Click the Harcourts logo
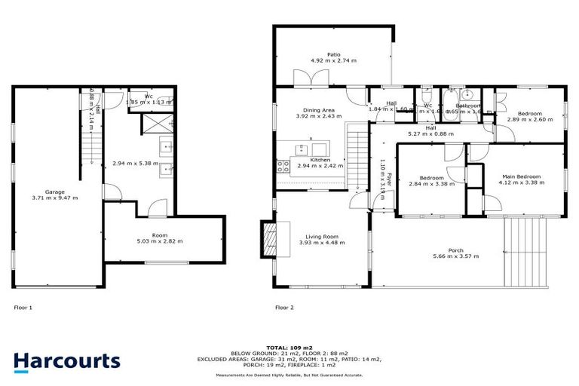[66, 361]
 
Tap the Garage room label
[54, 192]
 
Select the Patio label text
[334, 55]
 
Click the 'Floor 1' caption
[23, 308]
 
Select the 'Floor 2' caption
[284, 308]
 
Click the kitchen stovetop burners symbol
[284, 165]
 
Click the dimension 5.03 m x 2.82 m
[159, 241]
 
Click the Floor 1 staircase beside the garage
[90, 147]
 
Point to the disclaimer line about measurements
[289, 375]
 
